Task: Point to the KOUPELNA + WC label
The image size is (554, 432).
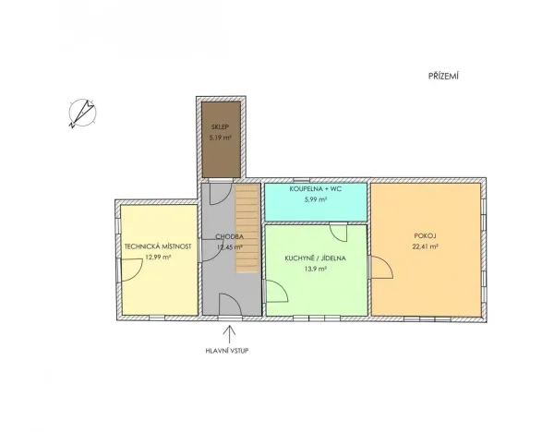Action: pos(316,189)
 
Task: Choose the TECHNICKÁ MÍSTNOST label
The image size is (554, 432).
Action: pos(158,246)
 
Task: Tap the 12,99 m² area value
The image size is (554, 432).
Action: pos(158,258)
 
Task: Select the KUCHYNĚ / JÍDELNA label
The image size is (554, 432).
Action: pos(317,258)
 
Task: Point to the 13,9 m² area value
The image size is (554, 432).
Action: pos(317,270)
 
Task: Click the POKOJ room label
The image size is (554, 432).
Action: pos(426,235)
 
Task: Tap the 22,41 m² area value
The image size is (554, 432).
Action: pos(426,247)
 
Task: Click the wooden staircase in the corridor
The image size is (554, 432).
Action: pos(247,227)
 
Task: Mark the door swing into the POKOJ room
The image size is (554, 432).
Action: pos(381,270)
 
